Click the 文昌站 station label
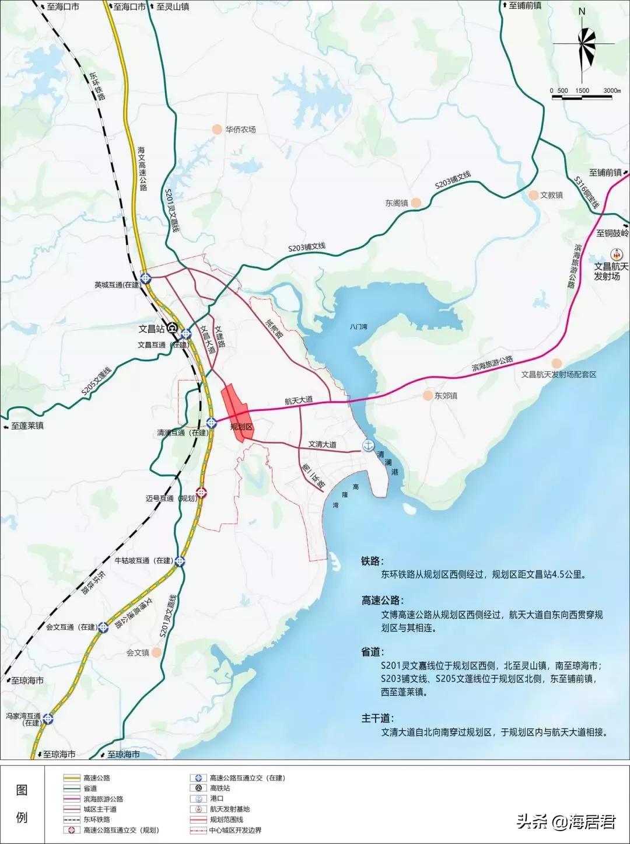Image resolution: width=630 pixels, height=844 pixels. (x=151, y=329)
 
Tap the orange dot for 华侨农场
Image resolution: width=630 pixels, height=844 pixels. (x=217, y=129)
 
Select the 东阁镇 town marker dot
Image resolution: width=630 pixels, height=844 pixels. (x=416, y=203)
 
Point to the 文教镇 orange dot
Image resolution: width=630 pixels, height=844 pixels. (x=533, y=195)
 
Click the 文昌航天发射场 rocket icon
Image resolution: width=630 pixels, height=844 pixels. (x=616, y=254)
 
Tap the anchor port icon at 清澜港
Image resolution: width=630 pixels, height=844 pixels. (x=367, y=445)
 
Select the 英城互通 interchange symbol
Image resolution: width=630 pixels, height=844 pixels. (x=145, y=278)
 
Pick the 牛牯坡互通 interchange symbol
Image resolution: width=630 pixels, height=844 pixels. (x=181, y=561)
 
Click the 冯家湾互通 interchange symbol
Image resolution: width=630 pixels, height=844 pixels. (x=47, y=719)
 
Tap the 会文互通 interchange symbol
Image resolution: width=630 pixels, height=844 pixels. (x=103, y=627)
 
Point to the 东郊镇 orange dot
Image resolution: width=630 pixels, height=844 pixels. (x=429, y=395)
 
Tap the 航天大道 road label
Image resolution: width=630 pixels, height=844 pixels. (x=299, y=400)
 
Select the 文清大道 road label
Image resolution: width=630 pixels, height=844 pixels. (x=322, y=444)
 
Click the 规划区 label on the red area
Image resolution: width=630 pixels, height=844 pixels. (x=240, y=427)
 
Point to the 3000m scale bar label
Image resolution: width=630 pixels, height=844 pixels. (x=612, y=90)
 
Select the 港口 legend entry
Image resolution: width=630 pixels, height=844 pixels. (x=216, y=798)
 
